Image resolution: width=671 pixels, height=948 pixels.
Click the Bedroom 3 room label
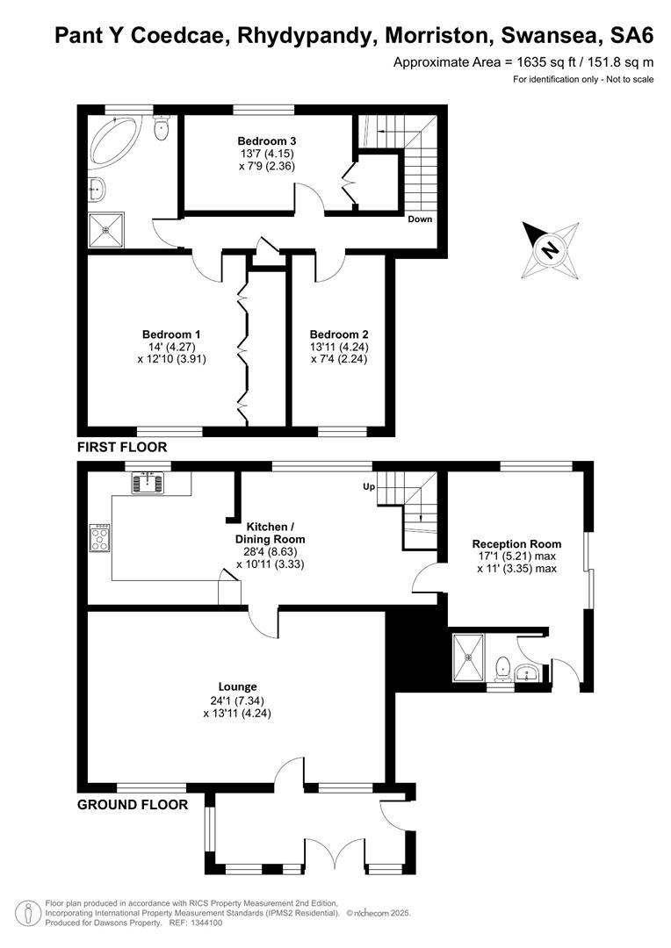pos(267,141)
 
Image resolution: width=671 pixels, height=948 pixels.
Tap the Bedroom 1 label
pos(171,334)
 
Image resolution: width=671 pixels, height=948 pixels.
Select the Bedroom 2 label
pos(339,334)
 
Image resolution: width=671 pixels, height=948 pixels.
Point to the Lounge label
pos(238,686)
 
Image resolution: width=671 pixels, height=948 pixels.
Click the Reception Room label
pos(516,544)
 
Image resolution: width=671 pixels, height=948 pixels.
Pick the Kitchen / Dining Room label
pos(270,533)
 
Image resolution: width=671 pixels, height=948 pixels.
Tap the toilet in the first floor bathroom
pos(161,127)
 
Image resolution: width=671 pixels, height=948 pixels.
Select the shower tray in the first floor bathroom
pos(106,230)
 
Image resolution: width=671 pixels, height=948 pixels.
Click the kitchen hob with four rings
pos(100,537)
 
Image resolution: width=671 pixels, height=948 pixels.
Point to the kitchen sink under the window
pos(148,482)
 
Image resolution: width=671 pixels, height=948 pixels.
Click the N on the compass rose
pos(550,249)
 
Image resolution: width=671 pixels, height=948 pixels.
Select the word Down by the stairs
pos(420,219)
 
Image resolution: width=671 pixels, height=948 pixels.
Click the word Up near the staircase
pos(369,486)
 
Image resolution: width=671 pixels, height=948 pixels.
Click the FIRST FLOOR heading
pos(122,448)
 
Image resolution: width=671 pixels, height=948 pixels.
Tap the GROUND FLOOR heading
pos(133,805)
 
